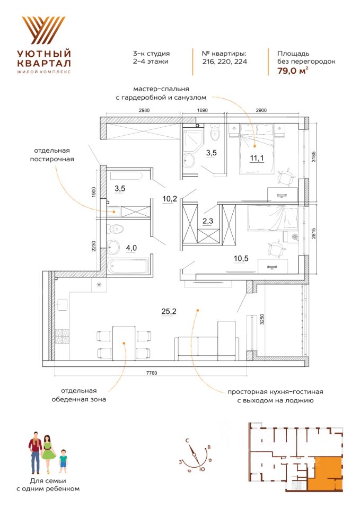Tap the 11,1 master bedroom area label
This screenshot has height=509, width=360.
[x=256, y=157]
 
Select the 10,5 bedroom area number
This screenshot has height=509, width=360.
[x=241, y=259]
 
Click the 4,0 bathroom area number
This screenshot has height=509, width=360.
[x=131, y=248]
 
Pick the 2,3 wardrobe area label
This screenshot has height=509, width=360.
[x=208, y=222]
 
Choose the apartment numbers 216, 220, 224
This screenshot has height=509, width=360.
[x=224, y=62]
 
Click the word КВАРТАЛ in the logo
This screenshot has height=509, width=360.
[x=43, y=62]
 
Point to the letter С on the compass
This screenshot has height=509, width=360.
[x=187, y=441]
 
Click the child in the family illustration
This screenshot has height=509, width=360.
[x=63, y=460]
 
